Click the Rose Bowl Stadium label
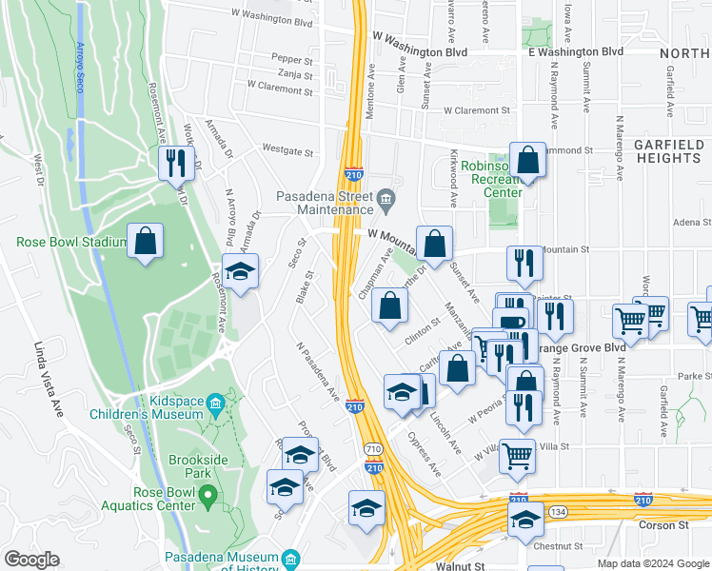coord(71,242)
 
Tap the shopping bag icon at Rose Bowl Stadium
coord(145,244)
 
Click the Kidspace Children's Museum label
coord(147,406)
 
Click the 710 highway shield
coord(373,448)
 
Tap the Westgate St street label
coord(287,150)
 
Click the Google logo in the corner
coord(31,560)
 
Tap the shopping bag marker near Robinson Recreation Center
coord(526,162)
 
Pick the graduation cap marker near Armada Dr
coord(240,272)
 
